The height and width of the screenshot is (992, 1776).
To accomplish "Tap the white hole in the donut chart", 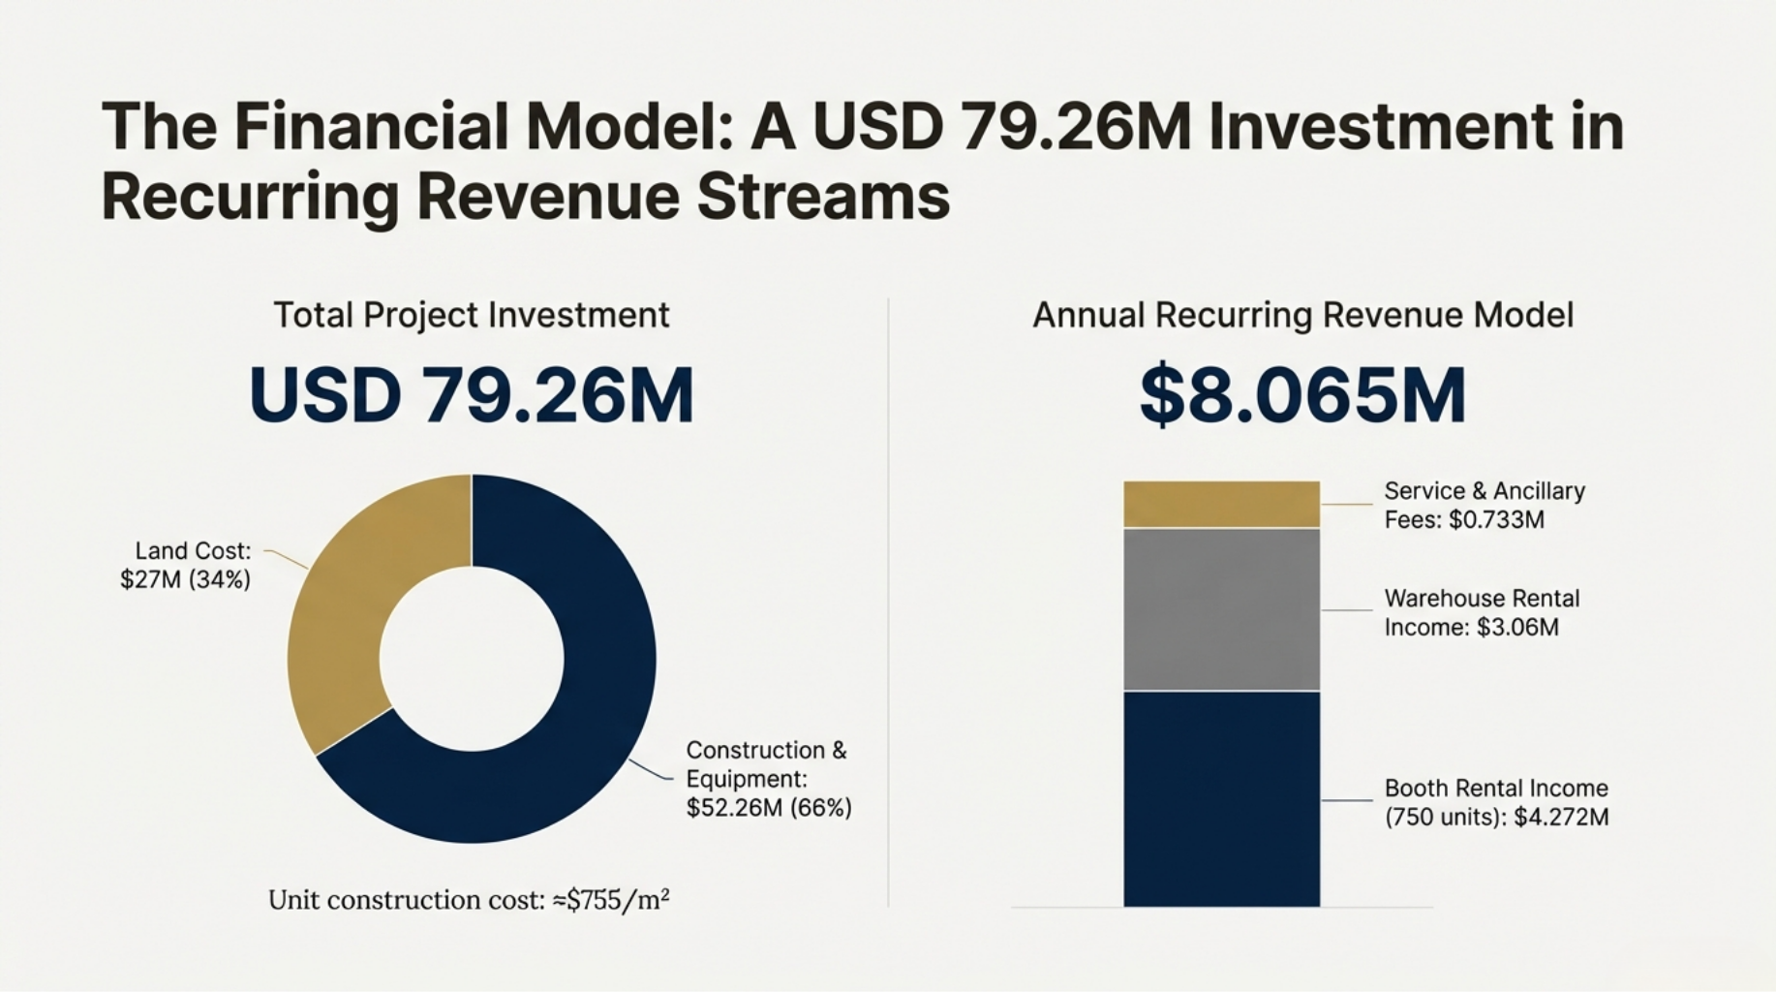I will coord(472,659).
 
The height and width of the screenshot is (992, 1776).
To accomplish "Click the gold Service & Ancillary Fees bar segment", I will coord(1221,504).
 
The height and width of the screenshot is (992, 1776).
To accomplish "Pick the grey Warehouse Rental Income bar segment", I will coord(1221,608).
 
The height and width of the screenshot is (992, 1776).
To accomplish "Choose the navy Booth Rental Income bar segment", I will coord(1221,798).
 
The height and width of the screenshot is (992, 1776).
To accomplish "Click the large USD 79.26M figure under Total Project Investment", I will coord(472,395).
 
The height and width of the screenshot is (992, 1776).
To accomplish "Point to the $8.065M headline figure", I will coord(1302,395).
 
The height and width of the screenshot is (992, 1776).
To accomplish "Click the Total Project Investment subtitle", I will coord(472,315).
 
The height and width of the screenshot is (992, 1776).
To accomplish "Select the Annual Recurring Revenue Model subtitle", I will coord(1302,315).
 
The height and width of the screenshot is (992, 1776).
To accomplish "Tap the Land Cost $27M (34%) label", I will coord(186,565).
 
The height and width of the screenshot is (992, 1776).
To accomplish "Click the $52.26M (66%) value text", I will coord(769,807).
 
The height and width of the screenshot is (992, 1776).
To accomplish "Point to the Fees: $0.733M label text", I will coord(1463,520).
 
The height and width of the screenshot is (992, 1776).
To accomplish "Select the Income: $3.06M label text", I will coord(1471,627).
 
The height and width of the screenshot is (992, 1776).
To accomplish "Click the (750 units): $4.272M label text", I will coord(1496,817).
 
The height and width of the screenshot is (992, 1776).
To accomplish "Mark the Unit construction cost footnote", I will coord(469,900).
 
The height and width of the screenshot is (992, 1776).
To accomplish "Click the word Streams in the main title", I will coord(823,197).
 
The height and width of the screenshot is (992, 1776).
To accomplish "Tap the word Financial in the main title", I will coord(371,127).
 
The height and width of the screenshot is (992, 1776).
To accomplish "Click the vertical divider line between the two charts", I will coord(888,601).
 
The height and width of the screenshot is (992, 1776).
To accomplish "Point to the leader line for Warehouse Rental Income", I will coord(1347,609).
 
